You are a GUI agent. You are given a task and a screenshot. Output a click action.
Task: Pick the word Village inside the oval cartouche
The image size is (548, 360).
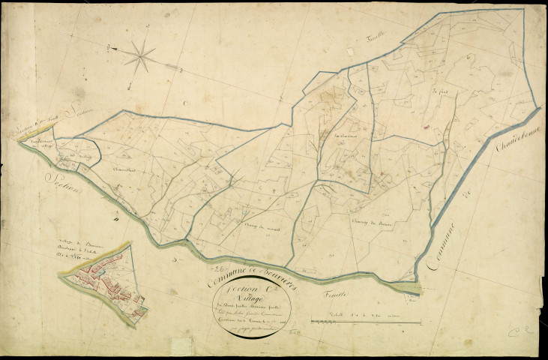(x=258, y=298)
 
